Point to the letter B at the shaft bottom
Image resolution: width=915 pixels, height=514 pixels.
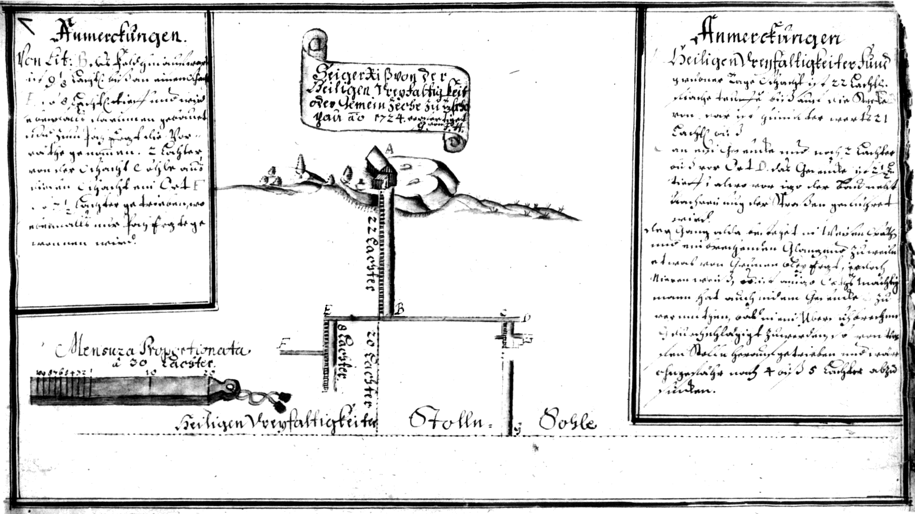[x=400, y=309]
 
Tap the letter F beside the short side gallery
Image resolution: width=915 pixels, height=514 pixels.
[x=283, y=344]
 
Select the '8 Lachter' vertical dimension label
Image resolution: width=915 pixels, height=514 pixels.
[x=343, y=355]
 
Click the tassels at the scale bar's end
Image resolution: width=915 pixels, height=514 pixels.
[x=280, y=401]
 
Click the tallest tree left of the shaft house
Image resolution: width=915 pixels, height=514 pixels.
[x=300, y=163]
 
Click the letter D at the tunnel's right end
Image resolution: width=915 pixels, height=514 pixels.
[x=526, y=316]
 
